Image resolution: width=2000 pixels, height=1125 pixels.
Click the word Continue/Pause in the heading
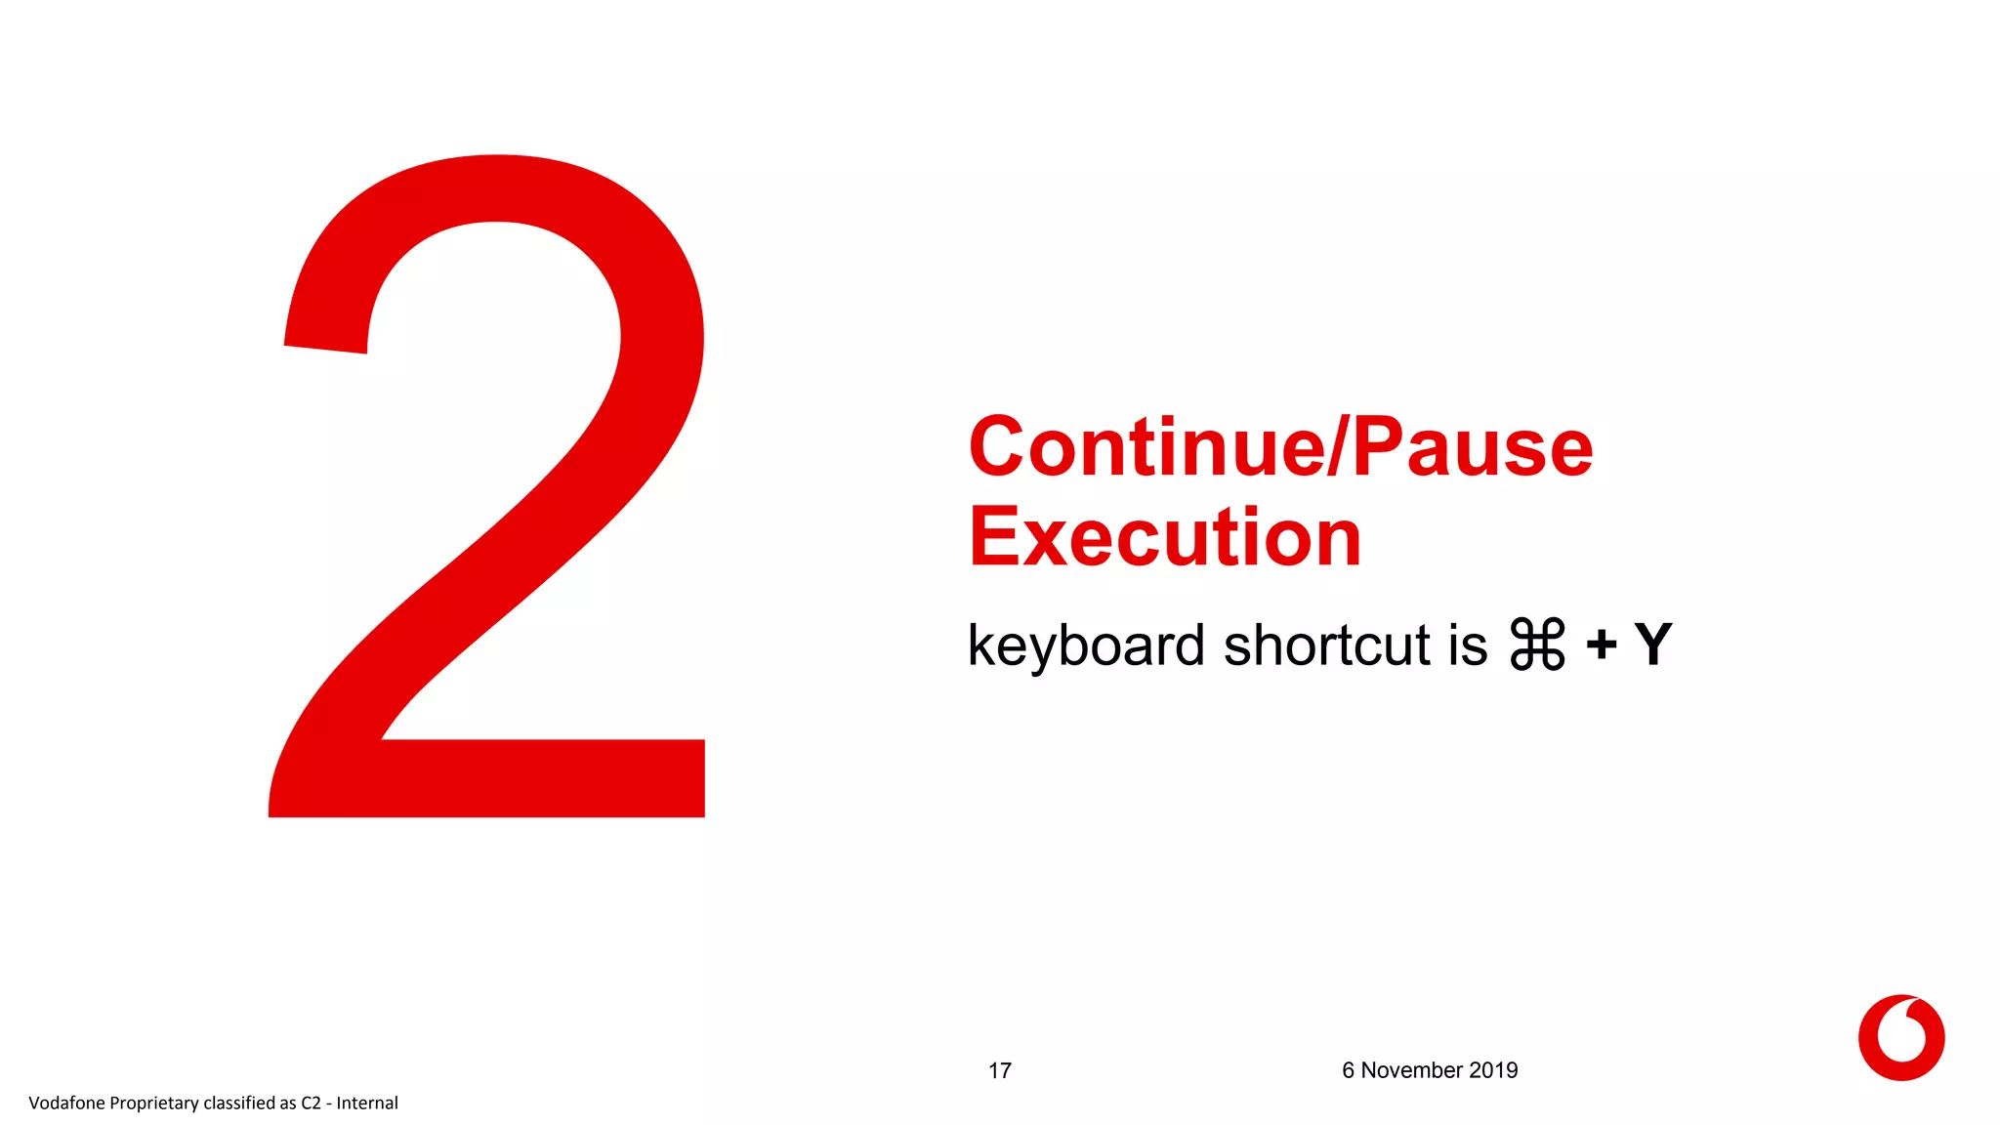pos(1279,448)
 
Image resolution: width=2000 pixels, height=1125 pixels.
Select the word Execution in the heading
pos(1164,538)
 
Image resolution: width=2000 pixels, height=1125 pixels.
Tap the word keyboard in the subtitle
pos(1085,646)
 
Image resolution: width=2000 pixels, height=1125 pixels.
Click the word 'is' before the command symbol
pos(1468,646)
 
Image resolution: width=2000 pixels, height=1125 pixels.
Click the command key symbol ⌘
pos(1537,645)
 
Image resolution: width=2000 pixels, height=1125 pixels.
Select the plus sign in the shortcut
pos(1601,646)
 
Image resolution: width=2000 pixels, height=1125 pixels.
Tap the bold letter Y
pos(1652,646)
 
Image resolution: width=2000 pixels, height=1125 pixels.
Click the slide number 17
pos(999,1071)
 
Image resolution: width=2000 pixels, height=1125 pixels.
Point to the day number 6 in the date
pos(1348,1071)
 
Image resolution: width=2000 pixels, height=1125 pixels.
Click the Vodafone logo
pos(1900,1037)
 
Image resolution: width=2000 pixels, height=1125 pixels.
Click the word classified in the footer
pos(239,1104)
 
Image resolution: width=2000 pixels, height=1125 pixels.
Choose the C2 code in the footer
pos(311,1104)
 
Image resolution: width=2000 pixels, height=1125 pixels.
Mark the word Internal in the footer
pos(367,1104)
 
